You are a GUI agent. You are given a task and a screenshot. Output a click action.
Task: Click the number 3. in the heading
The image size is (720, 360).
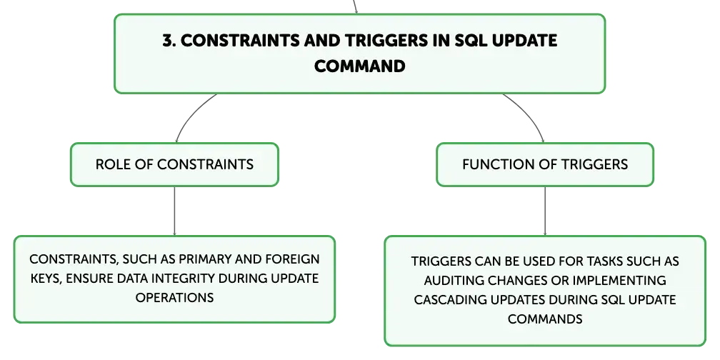tap(169, 41)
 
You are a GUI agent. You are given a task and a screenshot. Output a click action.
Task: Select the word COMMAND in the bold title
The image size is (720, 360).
tap(359, 66)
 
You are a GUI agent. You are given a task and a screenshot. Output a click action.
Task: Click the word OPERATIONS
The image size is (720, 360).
tap(174, 297)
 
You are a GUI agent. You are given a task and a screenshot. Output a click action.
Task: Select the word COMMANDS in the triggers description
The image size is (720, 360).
tap(545, 319)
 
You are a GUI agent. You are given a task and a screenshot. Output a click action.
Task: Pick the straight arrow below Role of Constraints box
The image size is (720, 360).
tap(174, 211)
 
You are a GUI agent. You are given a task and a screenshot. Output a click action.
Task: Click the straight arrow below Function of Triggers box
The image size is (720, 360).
tap(545, 211)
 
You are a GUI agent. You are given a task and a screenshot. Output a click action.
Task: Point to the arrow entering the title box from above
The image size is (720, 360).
tap(355, 7)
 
